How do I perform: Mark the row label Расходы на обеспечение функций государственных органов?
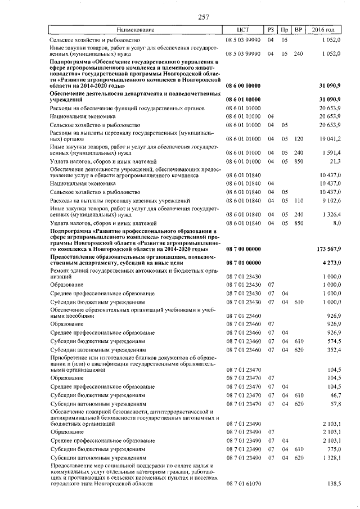127,107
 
